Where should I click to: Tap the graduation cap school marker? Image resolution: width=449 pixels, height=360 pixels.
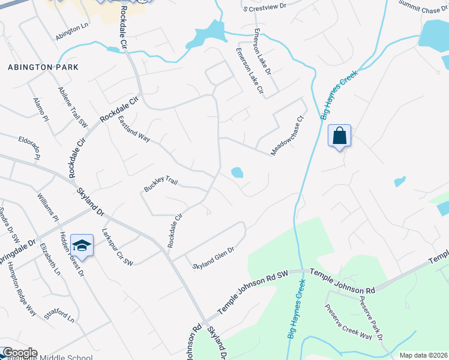[x=81, y=245]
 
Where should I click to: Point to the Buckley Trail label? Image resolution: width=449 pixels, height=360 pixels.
[x=161, y=184]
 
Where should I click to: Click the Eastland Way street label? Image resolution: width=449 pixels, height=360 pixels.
[x=133, y=128]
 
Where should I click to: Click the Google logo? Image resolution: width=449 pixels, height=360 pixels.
[x=19, y=353]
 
